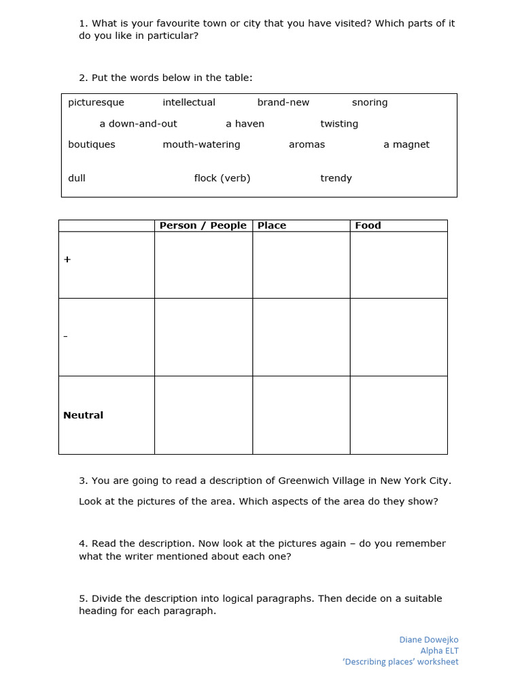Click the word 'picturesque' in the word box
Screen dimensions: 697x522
[96, 103]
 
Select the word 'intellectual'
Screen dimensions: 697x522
[189, 103]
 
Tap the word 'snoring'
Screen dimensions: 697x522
[370, 103]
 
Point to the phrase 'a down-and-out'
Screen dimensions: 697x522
[138, 124]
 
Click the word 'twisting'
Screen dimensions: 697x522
[339, 124]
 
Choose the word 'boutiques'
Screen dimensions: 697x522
[92, 144]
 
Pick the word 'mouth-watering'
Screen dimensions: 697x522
[201, 144]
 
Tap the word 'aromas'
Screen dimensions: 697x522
[307, 144]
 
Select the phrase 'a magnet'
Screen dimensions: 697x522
[406, 144]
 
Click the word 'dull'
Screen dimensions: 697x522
[77, 178]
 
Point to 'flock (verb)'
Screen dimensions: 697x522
[222, 178]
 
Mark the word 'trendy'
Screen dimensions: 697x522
[336, 178]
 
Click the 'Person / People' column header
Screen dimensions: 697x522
[203, 226]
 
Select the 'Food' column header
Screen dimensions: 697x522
[368, 226]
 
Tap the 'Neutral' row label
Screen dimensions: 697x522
[84, 415]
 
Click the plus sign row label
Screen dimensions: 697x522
[67, 260]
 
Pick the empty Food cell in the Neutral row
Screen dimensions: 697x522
[398, 415]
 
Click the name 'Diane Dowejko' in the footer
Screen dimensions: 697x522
[429, 640]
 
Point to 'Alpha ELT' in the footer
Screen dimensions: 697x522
[439, 651]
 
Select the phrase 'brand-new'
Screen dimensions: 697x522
[283, 103]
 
